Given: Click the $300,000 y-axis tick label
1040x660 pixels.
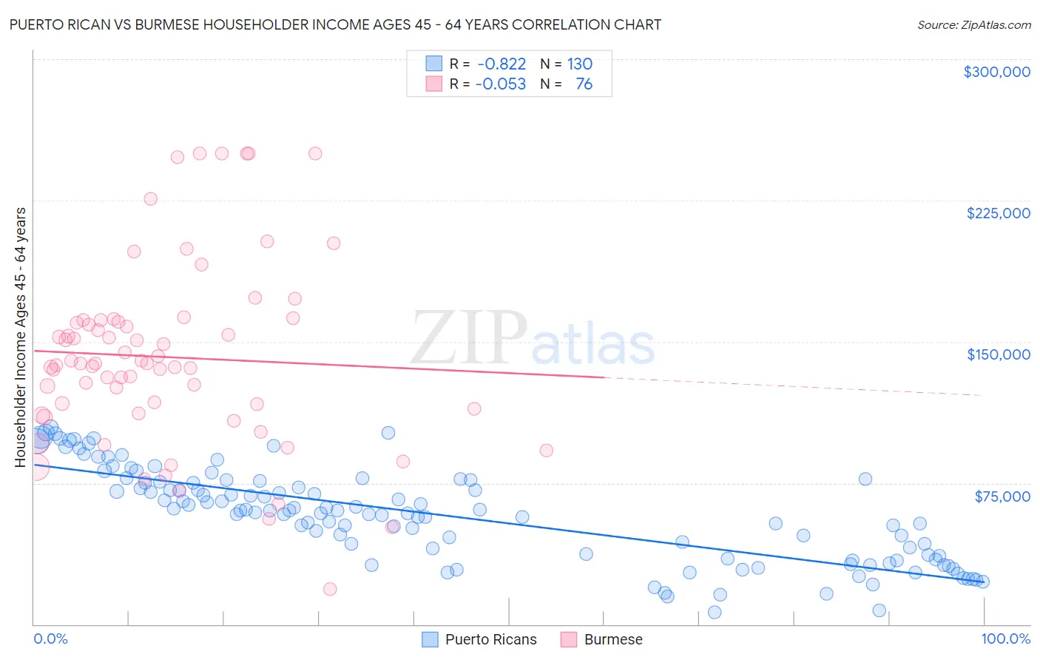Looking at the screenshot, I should [996, 72].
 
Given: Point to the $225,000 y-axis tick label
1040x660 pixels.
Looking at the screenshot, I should [998, 213].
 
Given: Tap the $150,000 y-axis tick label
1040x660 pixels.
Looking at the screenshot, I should [998, 354].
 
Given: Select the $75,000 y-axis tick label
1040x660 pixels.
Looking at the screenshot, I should [1002, 496].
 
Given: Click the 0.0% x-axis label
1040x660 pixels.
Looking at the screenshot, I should [50, 639].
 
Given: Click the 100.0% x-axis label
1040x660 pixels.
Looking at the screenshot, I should [1005, 639].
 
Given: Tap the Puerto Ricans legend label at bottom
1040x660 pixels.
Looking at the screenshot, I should [490, 639].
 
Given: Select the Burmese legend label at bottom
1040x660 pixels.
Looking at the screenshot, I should [613, 639].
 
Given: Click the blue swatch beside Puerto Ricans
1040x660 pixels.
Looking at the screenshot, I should [430, 639].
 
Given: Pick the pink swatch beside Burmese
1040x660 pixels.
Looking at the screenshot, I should [569, 639].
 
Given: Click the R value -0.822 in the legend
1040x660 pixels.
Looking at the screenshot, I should [502, 64].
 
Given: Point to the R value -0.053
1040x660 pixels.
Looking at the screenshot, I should [500, 84].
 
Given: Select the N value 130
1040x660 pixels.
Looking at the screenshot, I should [580, 64].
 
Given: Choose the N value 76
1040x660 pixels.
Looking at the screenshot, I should [584, 84].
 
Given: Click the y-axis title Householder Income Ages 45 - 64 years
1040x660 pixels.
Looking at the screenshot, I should [20, 337].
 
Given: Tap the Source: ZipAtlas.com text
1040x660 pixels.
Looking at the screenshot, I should [973, 24].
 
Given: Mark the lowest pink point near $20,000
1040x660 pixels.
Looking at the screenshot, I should [330, 589].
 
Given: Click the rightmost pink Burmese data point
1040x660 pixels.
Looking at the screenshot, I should [546, 450].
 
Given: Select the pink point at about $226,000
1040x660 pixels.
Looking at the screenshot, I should [150, 198].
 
